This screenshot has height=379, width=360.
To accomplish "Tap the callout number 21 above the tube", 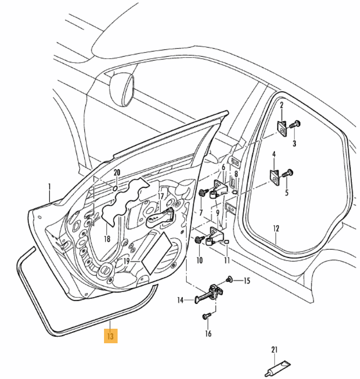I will [275, 350].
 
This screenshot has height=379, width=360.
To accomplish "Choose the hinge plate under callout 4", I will [275, 176].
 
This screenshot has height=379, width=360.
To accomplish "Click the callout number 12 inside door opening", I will [277, 228].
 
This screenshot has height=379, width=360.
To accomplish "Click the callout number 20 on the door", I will [117, 173].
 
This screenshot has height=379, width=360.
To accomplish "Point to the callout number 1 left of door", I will [50, 187].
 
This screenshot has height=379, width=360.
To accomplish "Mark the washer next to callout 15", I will [229, 280].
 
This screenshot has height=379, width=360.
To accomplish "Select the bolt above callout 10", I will [199, 240].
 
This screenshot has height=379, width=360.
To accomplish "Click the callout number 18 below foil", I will [107, 239].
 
